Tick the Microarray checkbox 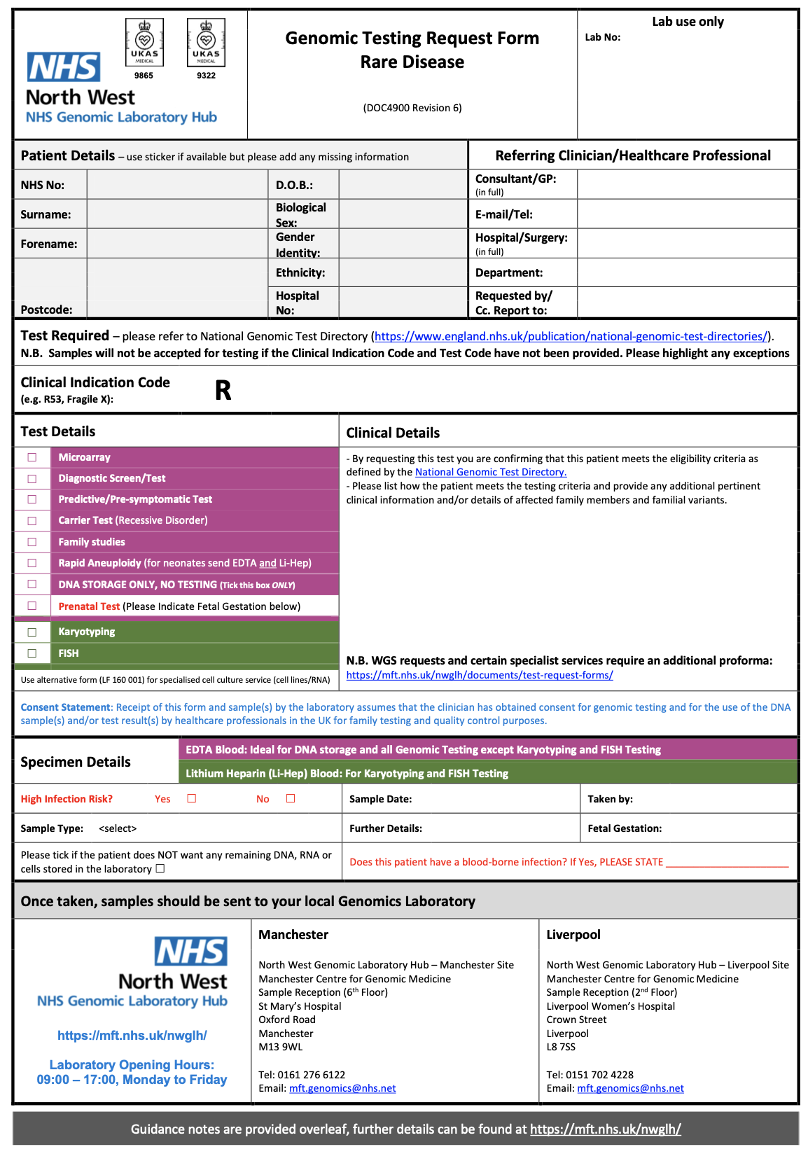pos(32,457)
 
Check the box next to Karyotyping pos(32,632)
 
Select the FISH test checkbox pos(32,653)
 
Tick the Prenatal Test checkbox pos(32,606)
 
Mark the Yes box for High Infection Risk pos(192,798)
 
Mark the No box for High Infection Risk pos(291,798)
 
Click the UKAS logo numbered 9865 pos(144,43)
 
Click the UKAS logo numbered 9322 pos(206,43)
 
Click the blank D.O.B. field pos(403,185)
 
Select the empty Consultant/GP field pos(687,184)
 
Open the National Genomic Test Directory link pos(490,473)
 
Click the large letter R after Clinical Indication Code pos(223,391)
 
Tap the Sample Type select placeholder pos(118,828)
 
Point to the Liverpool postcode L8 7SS pos(561,1047)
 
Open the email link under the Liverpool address pos(630,1089)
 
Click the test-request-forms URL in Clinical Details pos(480,675)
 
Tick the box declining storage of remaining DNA pos(160,869)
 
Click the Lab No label pos(603,37)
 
